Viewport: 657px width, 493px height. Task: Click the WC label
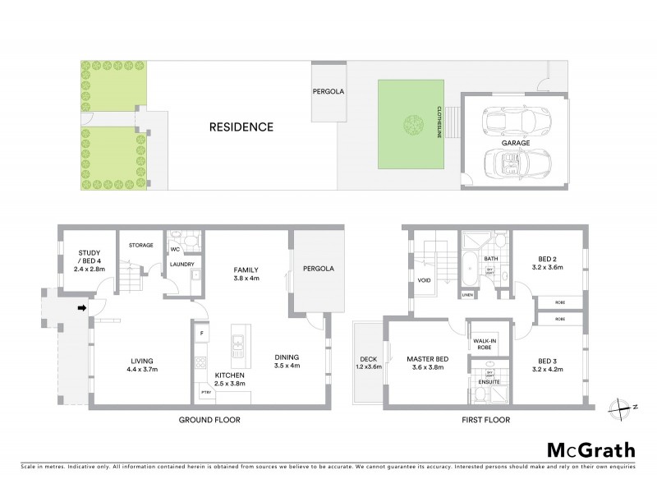175,248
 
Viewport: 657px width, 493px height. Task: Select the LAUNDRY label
181,264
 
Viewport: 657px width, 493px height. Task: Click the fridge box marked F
202,333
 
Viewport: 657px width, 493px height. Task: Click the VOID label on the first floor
425,279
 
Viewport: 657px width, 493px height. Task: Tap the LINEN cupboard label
467,294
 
